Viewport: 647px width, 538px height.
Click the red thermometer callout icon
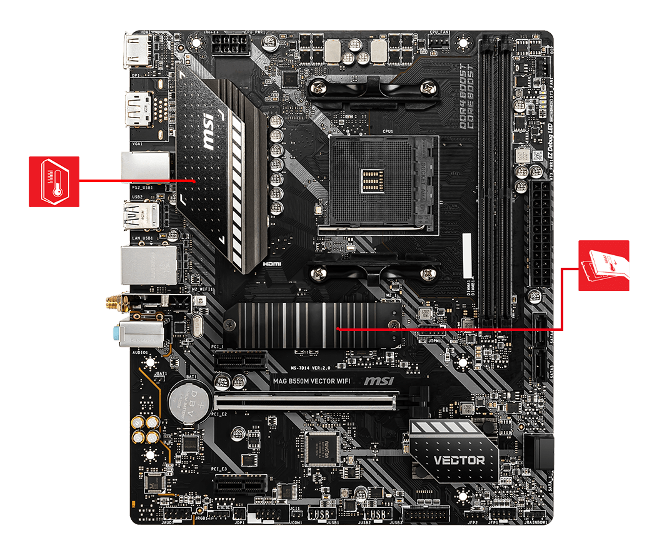pos(54,181)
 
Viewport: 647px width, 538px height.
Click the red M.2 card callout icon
pos(603,266)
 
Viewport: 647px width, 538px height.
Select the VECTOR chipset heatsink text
pos(459,460)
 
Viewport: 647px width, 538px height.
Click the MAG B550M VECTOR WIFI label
pos(311,380)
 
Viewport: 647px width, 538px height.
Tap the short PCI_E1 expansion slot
pos(241,360)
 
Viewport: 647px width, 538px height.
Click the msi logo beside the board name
pos(379,380)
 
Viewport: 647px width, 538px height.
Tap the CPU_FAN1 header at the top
pos(439,41)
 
